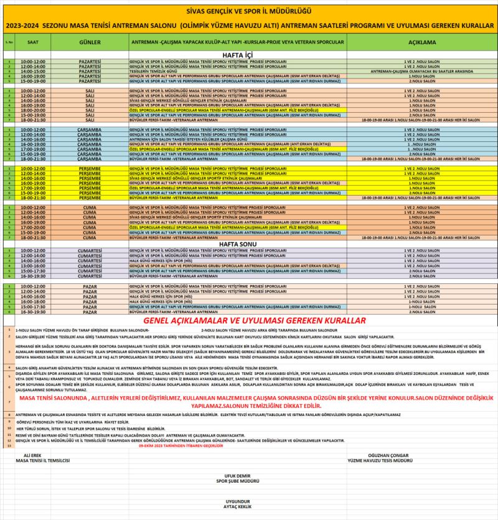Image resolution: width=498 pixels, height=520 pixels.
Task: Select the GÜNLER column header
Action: [90, 42]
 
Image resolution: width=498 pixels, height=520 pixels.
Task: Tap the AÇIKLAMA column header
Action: [421, 42]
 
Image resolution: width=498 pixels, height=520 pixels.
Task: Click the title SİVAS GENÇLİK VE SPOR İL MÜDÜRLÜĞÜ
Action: [249, 11]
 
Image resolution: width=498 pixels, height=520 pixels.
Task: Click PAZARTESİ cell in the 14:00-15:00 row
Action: [90, 72]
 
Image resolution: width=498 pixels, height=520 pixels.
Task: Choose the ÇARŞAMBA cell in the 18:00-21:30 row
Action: [90, 159]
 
